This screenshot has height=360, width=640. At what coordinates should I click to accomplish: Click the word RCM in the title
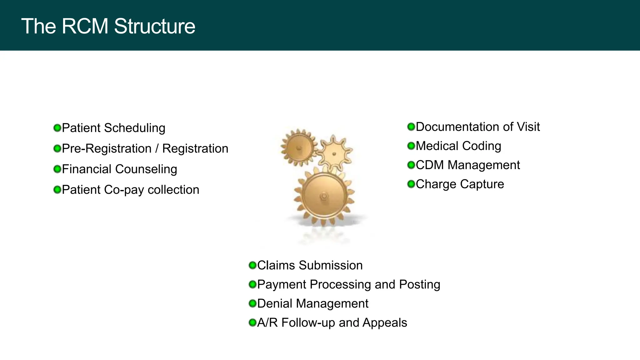pos(85,26)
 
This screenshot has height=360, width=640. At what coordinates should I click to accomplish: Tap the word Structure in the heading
pos(154,26)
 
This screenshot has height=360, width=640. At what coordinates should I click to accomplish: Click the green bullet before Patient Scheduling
pos(57,128)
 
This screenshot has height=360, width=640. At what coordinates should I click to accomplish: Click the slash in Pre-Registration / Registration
pos(157,149)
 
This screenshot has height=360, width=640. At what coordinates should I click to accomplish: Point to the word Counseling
pos(146,169)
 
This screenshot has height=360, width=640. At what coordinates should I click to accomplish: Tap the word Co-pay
pos(124,190)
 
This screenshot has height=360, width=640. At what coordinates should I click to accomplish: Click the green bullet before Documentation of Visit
pos(411,127)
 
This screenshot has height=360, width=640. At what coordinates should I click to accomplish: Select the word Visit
pos(528,127)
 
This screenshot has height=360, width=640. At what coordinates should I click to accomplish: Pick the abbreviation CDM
pos(430,165)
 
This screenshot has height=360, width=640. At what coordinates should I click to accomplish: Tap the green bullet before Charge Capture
pos(411,184)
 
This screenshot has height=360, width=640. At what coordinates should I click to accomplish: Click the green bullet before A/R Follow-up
pos(252,322)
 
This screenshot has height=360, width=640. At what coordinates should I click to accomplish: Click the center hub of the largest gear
pos(324,196)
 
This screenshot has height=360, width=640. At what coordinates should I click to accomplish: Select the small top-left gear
pos(298,148)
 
